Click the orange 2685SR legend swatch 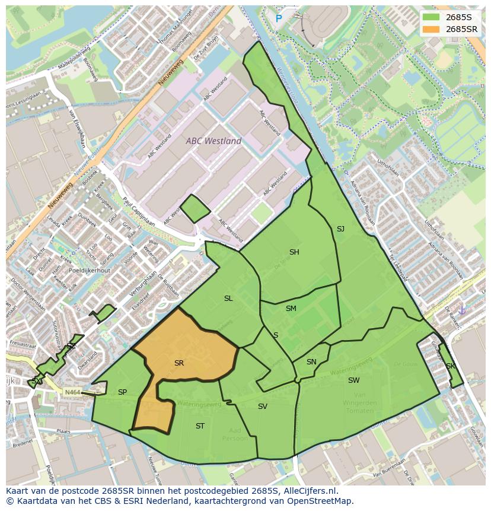[x=431, y=29]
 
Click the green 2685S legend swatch [x=431, y=17]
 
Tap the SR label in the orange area [x=179, y=363]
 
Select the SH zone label [x=294, y=252]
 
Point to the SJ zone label [x=340, y=229]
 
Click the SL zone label [x=228, y=299]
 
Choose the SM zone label [x=291, y=309]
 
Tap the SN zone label [x=311, y=362]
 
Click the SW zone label [x=353, y=380]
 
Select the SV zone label [x=263, y=407]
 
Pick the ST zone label [x=200, y=426]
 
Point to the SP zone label [x=122, y=392]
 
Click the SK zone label [x=451, y=366]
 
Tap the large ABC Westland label [x=213, y=141]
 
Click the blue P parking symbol [x=279, y=19]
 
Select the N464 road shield [x=72, y=392]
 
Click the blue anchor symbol [x=463, y=310]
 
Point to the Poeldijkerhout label [x=89, y=270]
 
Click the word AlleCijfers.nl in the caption [x=308, y=491]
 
